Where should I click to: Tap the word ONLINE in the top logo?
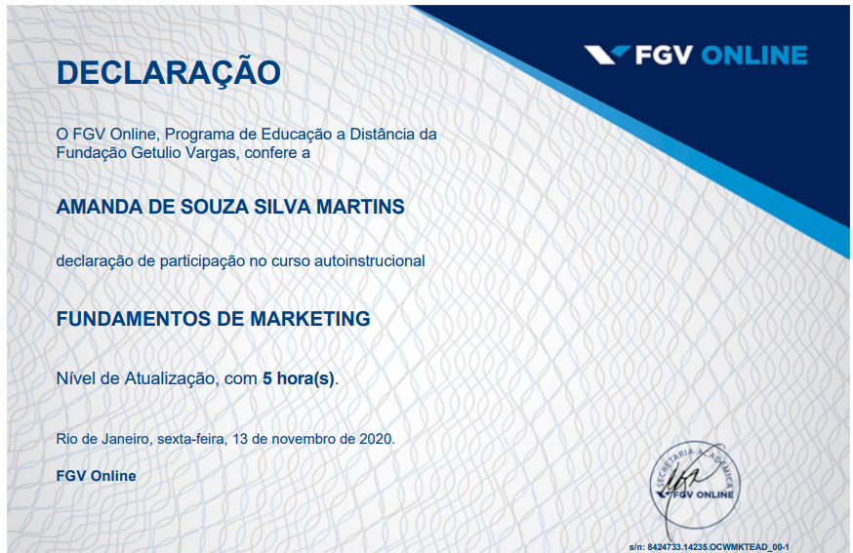point(754,56)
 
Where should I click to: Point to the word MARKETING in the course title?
point(310,319)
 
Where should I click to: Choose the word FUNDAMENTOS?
point(134,319)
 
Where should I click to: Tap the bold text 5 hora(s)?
point(299,378)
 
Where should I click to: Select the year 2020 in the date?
point(376,439)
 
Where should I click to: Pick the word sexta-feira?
point(191,439)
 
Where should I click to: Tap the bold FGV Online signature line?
point(97,476)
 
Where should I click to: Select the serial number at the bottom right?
point(709,547)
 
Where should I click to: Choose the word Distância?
point(384,134)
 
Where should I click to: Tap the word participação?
point(202,261)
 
